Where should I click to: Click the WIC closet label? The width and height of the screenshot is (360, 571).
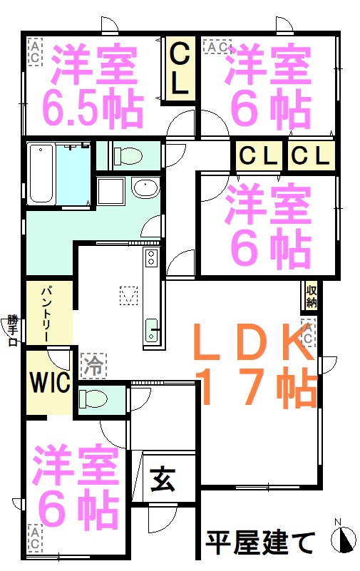coord(50,382)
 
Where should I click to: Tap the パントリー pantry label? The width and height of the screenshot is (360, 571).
coord(46,314)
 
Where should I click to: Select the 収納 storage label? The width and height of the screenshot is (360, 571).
coord(311,296)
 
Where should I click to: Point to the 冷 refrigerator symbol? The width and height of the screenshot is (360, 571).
coord(93,365)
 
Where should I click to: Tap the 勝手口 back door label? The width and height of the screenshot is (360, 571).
coord(13,331)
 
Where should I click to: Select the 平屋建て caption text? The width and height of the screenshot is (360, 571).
coord(261,542)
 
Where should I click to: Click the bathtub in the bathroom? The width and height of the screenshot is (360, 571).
coord(41,174)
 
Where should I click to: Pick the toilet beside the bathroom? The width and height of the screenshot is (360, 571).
coord(128,156)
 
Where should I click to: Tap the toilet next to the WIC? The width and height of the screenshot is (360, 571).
coord(93,398)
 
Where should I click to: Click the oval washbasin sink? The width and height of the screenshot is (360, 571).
coord(145,187)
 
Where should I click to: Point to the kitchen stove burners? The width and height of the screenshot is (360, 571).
coord(150,257)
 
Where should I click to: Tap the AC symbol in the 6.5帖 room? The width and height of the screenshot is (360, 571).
coord(36,53)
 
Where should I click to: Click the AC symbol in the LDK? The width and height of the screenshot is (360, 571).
coord(307,333)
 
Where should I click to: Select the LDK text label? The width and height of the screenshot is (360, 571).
coord(254,341)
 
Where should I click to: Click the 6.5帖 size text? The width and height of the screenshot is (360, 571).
coord(92,109)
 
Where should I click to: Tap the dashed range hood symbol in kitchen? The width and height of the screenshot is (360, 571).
coord(128,295)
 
